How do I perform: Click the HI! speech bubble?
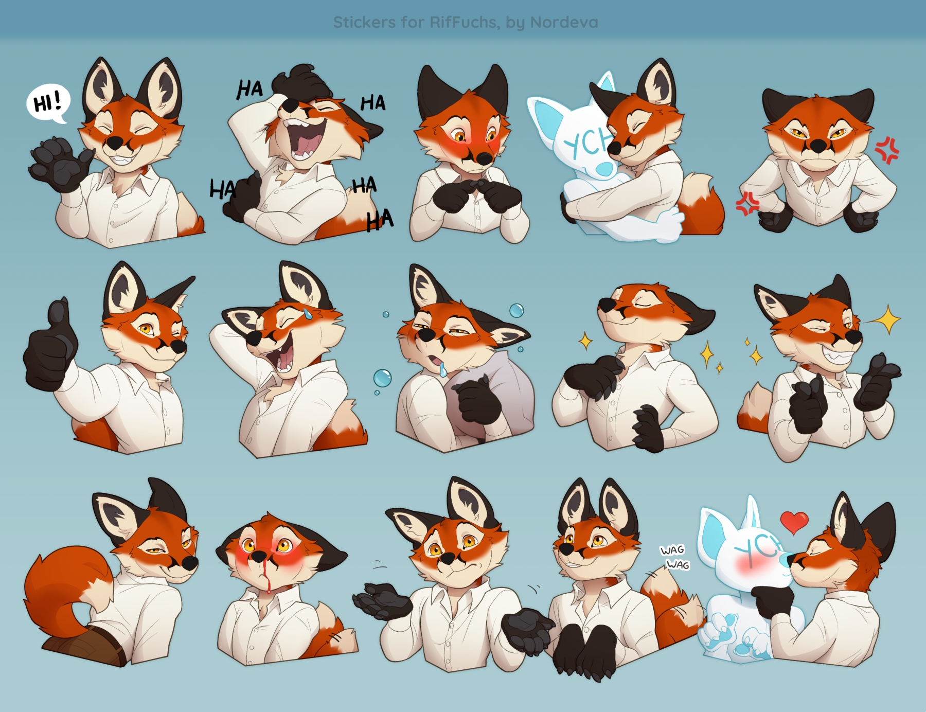click(x=47, y=103)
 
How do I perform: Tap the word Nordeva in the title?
click(x=564, y=22)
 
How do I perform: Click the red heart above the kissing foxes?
click(x=794, y=521)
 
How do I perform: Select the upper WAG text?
click(x=672, y=550)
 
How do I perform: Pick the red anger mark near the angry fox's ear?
click(x=887, y=150)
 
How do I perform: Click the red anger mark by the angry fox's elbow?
click(x=747, y=204)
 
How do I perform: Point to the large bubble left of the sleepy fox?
click(x=382, y=378)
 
